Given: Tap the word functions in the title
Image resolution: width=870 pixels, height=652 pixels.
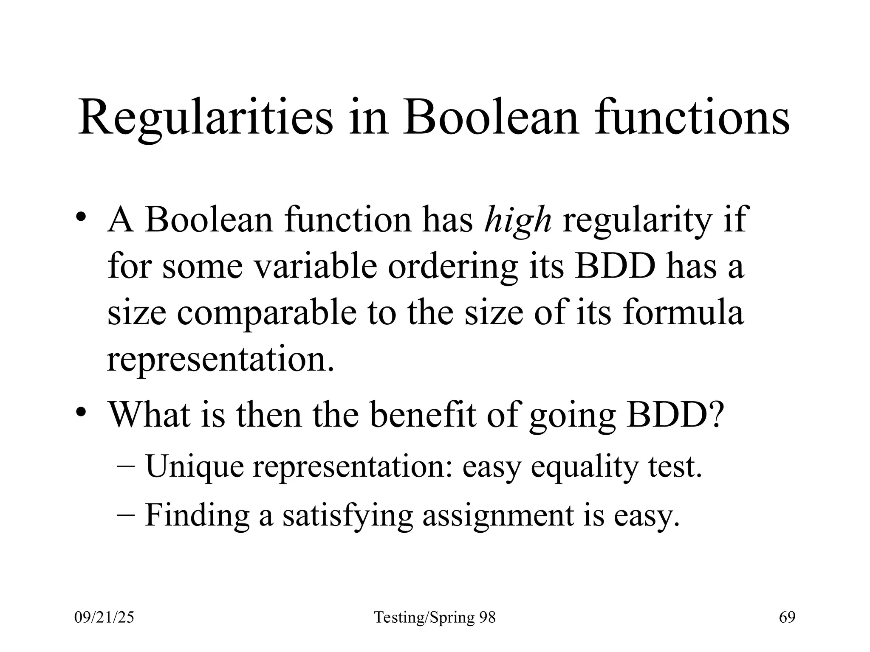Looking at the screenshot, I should (692, 116).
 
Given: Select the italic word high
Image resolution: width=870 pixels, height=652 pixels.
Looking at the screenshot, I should (518, 221).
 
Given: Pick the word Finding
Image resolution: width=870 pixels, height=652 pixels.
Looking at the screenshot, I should (197, 516).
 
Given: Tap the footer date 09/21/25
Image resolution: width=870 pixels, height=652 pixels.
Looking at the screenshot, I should (104, 618).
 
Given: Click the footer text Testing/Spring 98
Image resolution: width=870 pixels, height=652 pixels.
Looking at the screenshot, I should (435, 618).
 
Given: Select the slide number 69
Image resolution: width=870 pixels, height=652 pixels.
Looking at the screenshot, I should (787, 618).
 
